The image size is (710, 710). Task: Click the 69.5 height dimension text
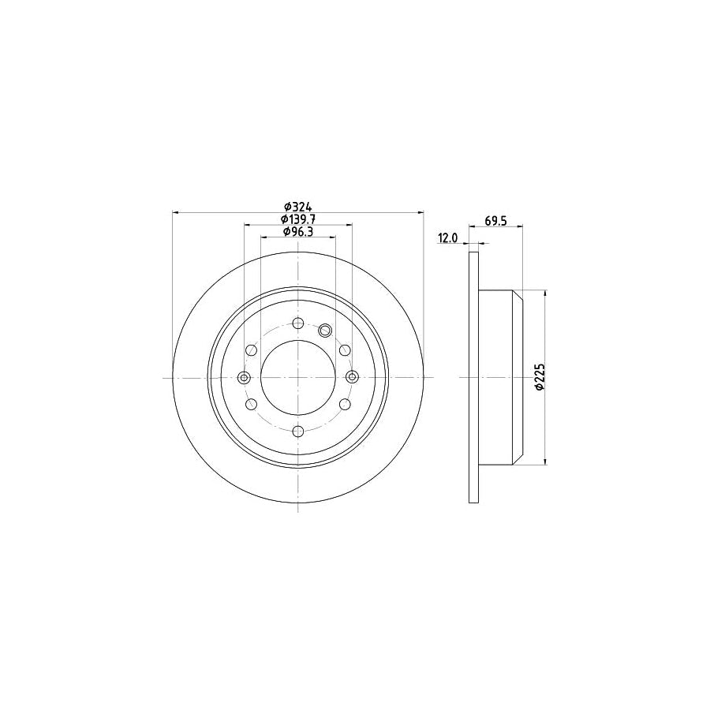495,222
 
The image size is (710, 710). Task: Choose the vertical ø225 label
540,377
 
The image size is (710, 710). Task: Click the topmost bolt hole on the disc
297,323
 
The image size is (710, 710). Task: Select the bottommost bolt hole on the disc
297,432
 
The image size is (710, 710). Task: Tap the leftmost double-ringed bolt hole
244,377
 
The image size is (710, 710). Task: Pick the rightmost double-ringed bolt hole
352,377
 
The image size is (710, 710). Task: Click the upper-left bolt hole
251,350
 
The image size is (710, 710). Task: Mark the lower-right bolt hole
344,405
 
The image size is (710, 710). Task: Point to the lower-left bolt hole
251,405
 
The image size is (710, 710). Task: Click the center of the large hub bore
297,377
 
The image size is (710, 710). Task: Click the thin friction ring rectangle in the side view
474,377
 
